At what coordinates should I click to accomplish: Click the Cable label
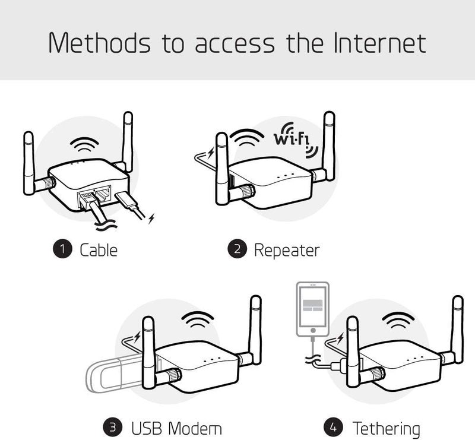tap(99, 250)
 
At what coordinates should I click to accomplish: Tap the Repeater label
tap(286, 250)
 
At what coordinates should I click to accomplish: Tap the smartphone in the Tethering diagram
tap(312, 312)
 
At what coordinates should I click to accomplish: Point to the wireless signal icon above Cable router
tap(85, 146)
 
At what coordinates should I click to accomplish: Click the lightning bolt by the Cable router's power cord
tap(152, 219)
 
